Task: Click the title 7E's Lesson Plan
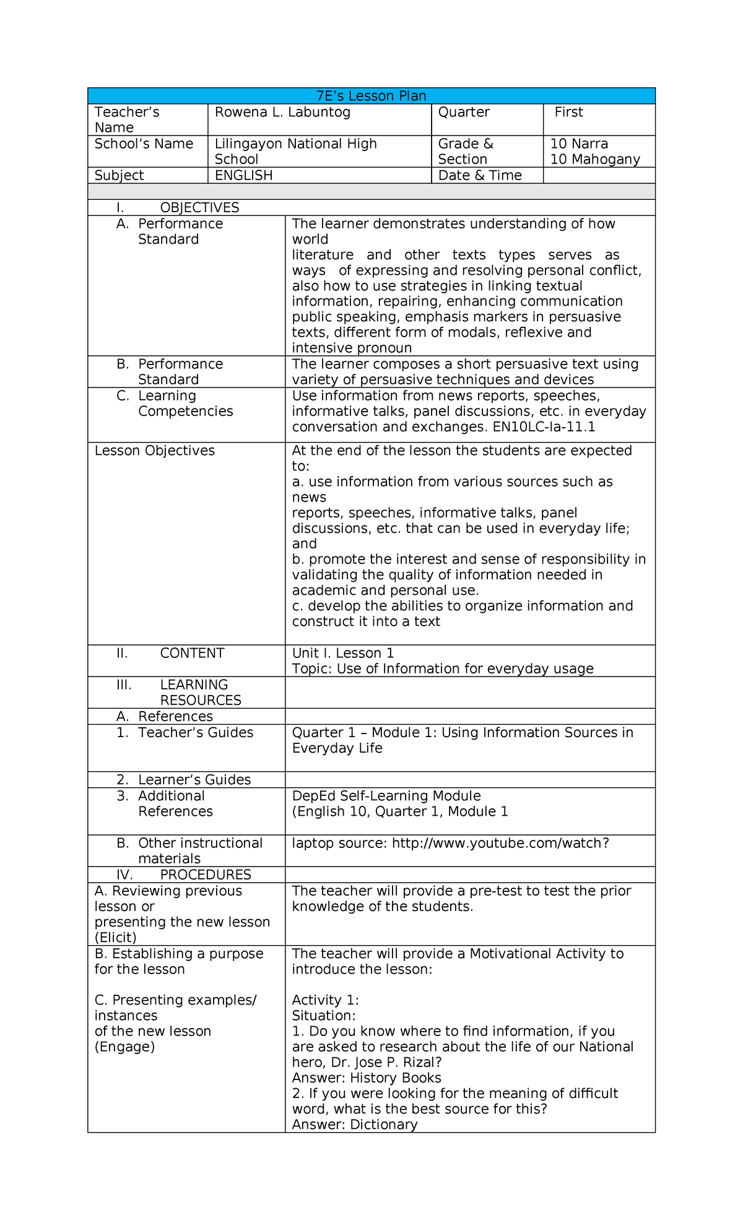[371, 96]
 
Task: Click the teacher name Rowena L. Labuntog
[282, 112]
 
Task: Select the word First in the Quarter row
[568, 112]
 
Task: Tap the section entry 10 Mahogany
[594, 159]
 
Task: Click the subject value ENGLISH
[243, 175]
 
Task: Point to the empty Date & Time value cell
[598, 175]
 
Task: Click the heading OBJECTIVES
[199, 207]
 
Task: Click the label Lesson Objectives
[154, 451]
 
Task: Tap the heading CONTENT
[192, 653]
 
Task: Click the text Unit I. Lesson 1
[342, 653]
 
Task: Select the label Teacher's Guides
[195, 732]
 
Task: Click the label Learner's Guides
[194, 779]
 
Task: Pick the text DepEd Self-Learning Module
[386, 795]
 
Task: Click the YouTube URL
[500, 843]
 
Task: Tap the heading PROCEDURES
[205, 875]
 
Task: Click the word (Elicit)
[115, 937]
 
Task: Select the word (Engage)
[124, 1047]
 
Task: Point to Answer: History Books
[366, 1078]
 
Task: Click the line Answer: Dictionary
[354, 1125]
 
